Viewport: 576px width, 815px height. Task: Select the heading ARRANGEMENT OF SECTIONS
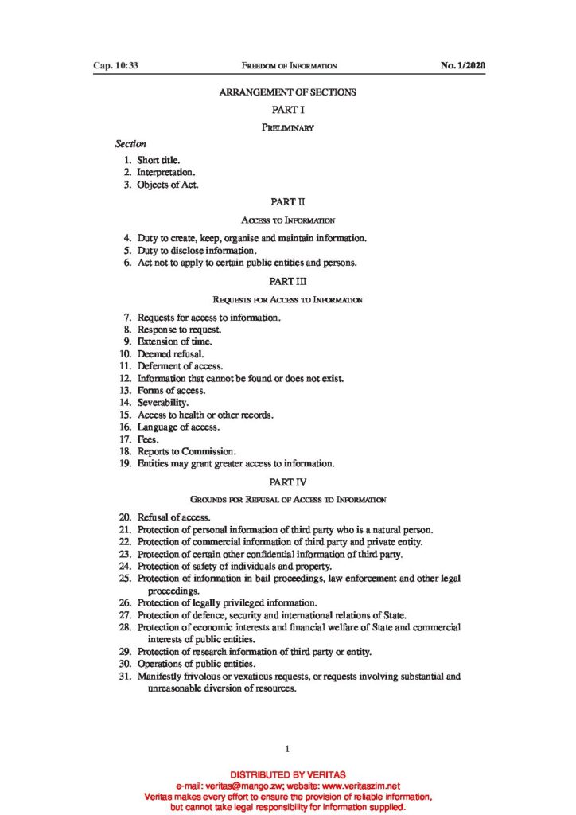click(288, 92)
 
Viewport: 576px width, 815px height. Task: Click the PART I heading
click(288, 110)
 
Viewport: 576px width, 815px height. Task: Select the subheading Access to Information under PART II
click(288, 220)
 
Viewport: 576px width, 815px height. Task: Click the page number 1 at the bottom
click(287, 749)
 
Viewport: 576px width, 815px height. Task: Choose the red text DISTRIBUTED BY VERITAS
click(288, 774)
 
